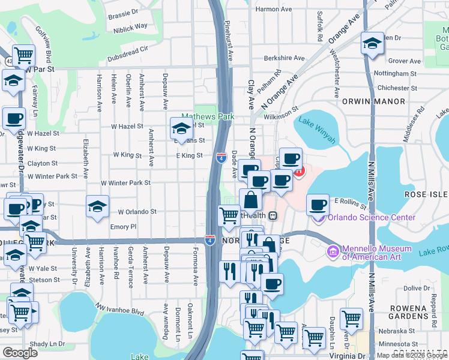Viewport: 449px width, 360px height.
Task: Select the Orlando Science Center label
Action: click(371, 217)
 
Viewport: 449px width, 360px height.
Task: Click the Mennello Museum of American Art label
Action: click(376, 253)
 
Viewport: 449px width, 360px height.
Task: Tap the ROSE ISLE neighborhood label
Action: click(426, 194)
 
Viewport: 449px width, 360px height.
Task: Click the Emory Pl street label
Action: click(124, 227)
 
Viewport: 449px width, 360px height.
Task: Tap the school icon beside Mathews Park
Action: click(181, 128)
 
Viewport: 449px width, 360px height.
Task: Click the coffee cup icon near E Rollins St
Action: click(318, 205)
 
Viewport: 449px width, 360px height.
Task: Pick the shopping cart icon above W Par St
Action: click(23, 55)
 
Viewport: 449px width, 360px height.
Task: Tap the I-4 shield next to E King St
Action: click(221, 158)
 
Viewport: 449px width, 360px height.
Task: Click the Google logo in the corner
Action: click(20, 353)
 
